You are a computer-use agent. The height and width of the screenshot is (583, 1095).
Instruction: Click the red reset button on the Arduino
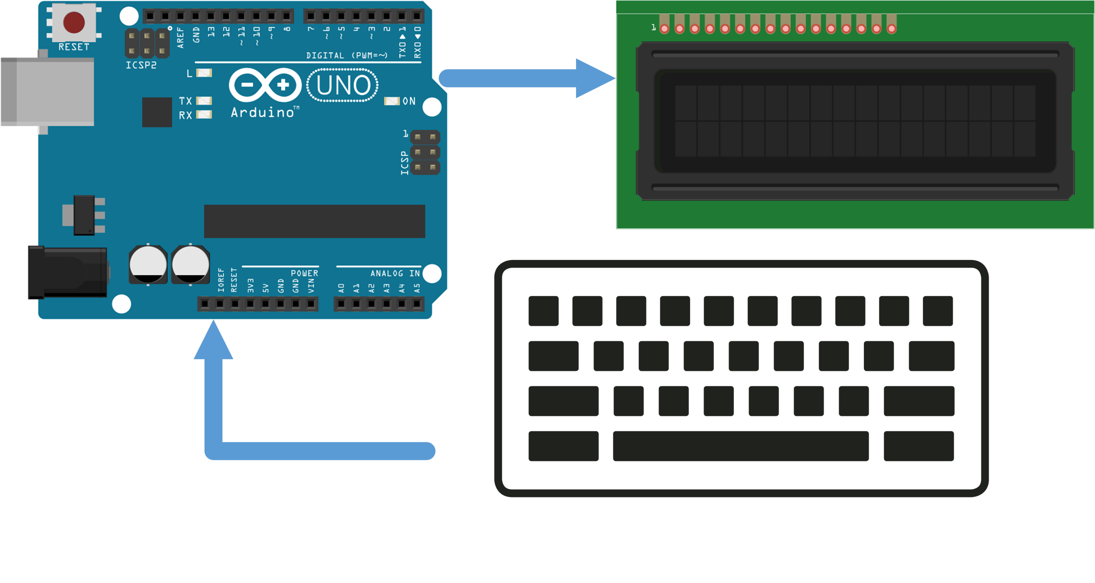click(74, 23)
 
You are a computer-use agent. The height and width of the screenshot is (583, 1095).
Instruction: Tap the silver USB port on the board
click(48, 91)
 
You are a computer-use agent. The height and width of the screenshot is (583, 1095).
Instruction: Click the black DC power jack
click(68, 272)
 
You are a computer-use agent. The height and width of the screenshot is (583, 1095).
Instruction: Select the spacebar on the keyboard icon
click(741, 446)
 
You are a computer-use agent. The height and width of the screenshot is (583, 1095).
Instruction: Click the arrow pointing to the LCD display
click(527, 78)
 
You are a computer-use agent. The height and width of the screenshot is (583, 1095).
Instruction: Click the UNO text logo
click(343, 85)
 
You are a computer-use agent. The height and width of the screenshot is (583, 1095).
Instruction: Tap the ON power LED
click(392, 101)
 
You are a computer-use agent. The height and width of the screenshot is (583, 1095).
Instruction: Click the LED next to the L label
click(204, 73)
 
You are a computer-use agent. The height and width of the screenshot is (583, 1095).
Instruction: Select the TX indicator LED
click(204, 100)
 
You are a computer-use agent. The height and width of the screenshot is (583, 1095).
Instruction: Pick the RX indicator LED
click(204, 115)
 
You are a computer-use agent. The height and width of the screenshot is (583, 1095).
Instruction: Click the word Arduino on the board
click(263, 113)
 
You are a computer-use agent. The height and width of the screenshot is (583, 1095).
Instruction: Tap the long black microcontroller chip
click(314, 221)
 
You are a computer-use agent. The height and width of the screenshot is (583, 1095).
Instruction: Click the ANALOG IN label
click(395, 273)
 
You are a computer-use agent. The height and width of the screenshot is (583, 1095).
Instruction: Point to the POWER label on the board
click(304, 273)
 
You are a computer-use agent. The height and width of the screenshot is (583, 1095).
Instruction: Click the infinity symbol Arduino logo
click(265, 85)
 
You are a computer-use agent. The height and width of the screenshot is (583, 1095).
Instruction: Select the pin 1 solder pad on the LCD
click(664, 29)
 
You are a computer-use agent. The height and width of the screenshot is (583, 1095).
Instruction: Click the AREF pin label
click(181, 38)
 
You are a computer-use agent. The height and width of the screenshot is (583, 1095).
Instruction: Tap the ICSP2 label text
click(141, 65)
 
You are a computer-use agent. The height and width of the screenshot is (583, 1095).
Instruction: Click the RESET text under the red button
click(74, 47)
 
